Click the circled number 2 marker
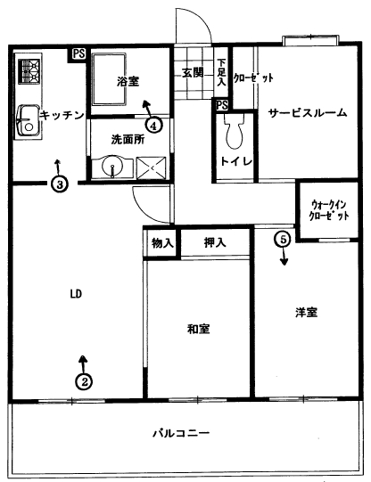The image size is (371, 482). point(84,382)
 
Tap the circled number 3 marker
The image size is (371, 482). point(60,184)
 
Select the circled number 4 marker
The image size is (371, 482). point(153,125)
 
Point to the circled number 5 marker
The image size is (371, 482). point(284,239)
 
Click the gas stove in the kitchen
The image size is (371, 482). point(29,71)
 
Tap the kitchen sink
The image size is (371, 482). point(28,121)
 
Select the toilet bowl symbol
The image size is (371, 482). point(235,131)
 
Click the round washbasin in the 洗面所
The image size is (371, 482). point(112,167)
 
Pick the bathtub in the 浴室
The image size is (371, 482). point(110,79)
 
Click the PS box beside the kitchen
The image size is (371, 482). point(78,53)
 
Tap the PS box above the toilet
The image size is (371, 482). point(221,105)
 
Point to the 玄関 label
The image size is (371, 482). point(193,73)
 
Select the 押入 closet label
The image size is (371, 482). point(215,243)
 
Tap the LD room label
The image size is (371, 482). point(76,294)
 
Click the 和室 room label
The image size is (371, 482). point(199,329)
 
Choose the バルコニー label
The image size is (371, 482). point(182,433)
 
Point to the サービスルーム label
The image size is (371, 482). point(308,113)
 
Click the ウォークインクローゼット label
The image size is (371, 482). point(328,210)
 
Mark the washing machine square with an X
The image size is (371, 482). point(152,167)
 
